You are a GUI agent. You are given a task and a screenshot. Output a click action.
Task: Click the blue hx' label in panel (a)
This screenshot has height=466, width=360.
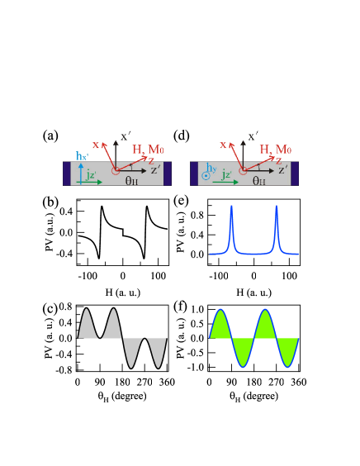(83, 156)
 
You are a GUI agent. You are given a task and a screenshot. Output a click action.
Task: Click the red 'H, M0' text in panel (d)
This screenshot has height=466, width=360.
(277, 150)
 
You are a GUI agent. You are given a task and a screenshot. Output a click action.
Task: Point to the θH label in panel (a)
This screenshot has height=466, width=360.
(131, 180)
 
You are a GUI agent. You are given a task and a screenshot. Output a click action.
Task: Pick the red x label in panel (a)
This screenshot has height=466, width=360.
(96, 145)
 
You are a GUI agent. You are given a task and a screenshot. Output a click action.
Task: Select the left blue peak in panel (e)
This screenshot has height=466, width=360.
(232, 223)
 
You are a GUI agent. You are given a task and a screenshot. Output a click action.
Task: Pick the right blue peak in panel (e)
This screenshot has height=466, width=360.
(277, 223)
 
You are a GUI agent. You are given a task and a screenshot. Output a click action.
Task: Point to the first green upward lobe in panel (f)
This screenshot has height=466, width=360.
(220, 325)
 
